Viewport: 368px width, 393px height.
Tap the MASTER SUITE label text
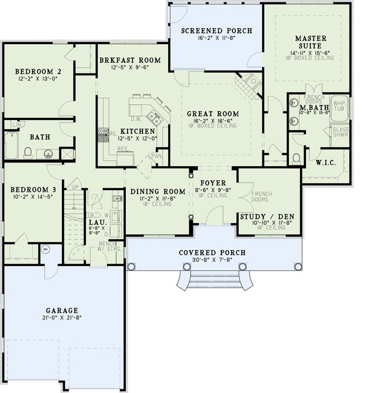tap(309, 42)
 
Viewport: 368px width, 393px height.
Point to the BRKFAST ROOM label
tap(129, 60)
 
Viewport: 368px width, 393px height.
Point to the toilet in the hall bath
tap(28, 152)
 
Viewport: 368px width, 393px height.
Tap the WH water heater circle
tap(45, 250)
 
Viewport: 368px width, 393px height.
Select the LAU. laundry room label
tap(94, 222)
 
